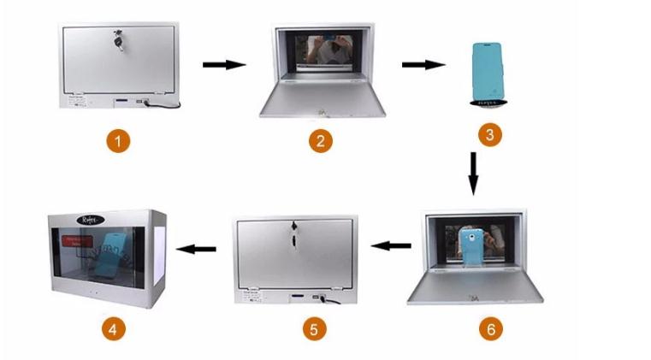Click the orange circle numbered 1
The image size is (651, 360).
[119, 140]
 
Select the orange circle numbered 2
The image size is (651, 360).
[320, 141]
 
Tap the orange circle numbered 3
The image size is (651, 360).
[489, 135]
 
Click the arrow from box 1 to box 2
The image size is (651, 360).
[223, 64]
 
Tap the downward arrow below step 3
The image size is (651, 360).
[474, 175]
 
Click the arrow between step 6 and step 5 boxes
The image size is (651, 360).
[394, 247]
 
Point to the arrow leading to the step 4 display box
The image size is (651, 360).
[195, 249]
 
